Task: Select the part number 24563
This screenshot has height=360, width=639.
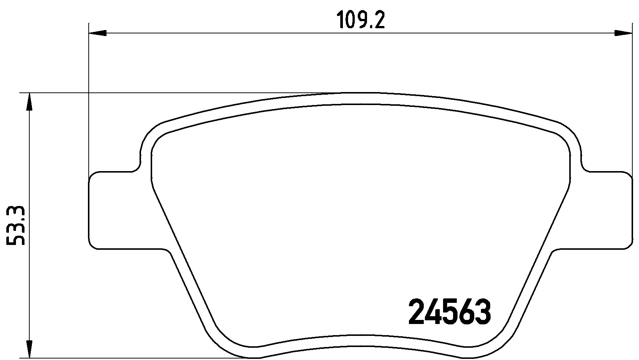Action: [x=449, y=312]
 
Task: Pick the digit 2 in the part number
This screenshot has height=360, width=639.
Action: [x=416, y=312]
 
